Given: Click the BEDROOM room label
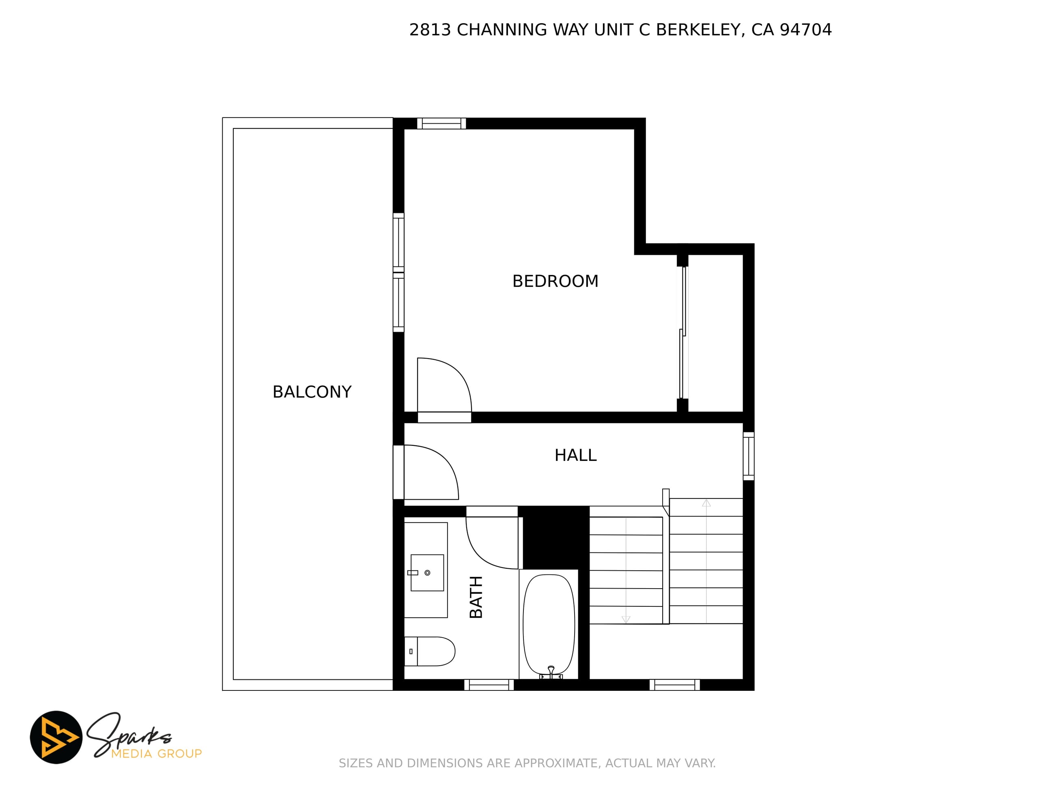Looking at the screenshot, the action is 555,281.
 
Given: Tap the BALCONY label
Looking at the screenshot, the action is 312,392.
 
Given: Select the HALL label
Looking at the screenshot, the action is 575,456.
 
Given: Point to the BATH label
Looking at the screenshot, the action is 476,597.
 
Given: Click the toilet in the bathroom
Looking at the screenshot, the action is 429,651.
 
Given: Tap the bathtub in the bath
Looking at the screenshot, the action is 549,625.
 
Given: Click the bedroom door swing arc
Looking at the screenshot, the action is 457,374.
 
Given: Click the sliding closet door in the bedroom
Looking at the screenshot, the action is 683,332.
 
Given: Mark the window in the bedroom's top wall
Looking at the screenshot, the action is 441,123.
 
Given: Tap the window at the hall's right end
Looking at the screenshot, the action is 749,456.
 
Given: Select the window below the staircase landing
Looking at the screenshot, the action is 674,685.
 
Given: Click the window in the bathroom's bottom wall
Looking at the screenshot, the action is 489,685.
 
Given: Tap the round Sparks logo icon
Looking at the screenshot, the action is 56,737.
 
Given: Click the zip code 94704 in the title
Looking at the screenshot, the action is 805,30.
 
